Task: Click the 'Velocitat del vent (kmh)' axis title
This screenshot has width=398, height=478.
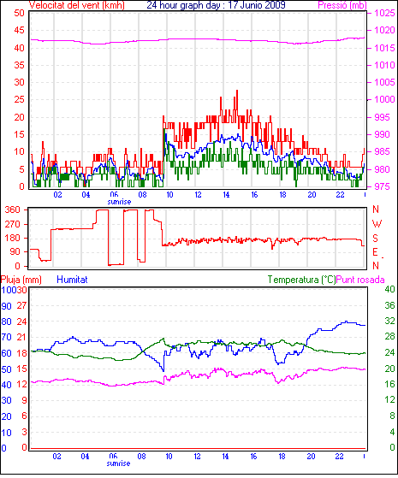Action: click(x=77, y=5)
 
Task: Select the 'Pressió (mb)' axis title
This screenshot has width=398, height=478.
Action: click(x=342, y=5)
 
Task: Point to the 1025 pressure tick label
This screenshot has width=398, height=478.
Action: click(x=384, y=13)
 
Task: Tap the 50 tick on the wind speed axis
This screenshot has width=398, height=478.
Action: click(x=19, y=13)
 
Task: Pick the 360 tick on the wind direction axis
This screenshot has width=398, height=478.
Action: click(x=12, y=209)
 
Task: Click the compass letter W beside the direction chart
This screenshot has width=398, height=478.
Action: click(x=377, y=224)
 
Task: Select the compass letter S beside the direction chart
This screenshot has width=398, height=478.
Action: click(x=376, y=238)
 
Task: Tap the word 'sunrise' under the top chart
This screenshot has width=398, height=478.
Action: click(x=119, y=202)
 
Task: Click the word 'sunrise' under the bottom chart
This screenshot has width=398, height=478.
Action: click(x=118, y=463)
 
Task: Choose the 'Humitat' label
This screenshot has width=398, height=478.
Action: click(x=72, y=280)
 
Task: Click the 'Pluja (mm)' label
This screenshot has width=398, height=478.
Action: click(x=21, y=280)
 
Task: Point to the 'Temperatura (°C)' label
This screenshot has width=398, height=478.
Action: click(x=301, y=280)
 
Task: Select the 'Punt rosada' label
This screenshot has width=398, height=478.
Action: click(x=360, y=280)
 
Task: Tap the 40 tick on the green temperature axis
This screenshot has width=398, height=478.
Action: click(x=389, y=289)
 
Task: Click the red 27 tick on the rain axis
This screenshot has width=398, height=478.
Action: click(x=21, y=306)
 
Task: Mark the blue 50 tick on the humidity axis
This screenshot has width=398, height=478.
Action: click(x=6, y=369)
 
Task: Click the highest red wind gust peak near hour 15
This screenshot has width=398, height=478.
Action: click(x=237, y=91)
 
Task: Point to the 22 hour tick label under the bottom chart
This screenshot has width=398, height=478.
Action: click(x=339, y=457)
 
